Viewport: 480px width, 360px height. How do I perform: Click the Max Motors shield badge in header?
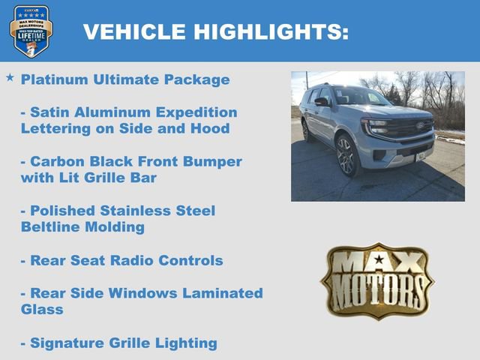click(31, 31)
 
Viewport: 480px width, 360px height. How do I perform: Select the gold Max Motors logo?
click(377, 280)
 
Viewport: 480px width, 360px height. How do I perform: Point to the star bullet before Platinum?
click(10, 78)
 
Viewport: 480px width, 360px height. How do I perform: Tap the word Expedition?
click(196, 112)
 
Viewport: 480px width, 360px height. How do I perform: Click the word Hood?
click(211, 129)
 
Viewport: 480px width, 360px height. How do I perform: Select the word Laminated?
click(223, 293)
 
